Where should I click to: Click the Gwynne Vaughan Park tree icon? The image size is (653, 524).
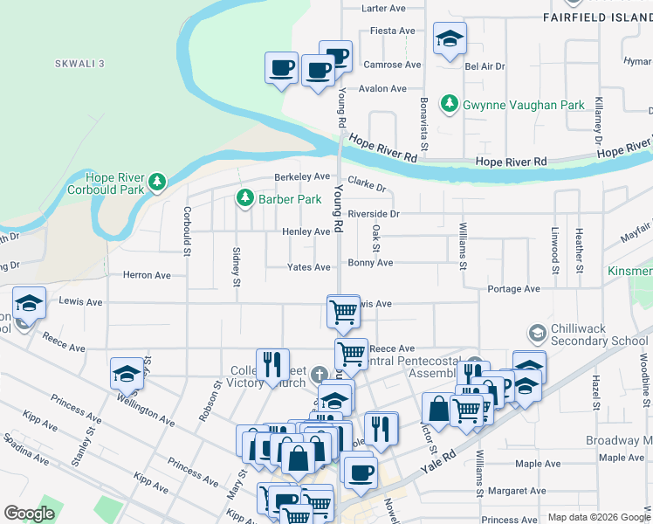450,105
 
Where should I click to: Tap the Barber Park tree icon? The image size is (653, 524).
244,199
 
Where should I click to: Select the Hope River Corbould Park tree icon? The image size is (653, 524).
156,182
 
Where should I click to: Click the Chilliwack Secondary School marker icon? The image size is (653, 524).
537,334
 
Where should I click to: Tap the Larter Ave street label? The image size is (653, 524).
384,8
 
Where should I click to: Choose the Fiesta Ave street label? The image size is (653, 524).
392,31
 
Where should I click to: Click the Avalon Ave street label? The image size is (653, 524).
383,88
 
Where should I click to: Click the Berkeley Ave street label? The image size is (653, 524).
303,176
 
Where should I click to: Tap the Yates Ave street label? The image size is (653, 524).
309,267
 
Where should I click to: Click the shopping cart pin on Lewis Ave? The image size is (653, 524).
343,310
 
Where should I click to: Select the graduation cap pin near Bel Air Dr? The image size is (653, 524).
450,38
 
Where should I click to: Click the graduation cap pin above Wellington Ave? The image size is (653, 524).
127,373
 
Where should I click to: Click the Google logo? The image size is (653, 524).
29,514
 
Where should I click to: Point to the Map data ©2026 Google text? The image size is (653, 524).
599,517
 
